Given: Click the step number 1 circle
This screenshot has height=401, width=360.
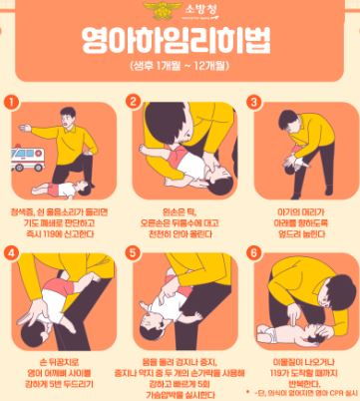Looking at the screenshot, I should pos(11,102).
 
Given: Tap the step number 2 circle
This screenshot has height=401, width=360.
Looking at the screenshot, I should pos(133,102).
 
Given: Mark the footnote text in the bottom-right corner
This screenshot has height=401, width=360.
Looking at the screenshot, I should pos(299,393).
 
